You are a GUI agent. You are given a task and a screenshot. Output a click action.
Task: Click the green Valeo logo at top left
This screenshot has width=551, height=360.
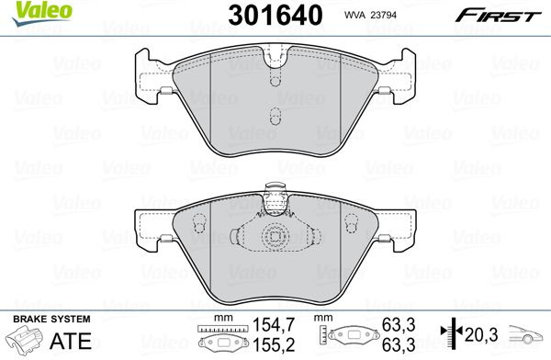coord(41,13)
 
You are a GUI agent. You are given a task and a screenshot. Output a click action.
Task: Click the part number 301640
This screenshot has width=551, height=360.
coord(275,15)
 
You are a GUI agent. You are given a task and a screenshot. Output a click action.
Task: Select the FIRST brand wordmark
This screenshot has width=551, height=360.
coord(498,16)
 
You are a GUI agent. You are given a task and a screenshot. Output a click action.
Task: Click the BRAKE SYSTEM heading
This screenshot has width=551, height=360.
coord(51,320)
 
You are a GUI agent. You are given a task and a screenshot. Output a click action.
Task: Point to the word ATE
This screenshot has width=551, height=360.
coord(71,341)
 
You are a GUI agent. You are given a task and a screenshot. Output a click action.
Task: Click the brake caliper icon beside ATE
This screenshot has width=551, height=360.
coord(25,339)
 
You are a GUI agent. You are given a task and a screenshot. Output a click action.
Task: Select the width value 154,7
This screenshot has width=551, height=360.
coord(274,325)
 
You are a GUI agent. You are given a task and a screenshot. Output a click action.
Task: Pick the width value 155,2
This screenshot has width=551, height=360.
coord(274,345)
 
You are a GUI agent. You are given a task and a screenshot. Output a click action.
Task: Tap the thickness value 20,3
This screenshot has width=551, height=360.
coord(481,334)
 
